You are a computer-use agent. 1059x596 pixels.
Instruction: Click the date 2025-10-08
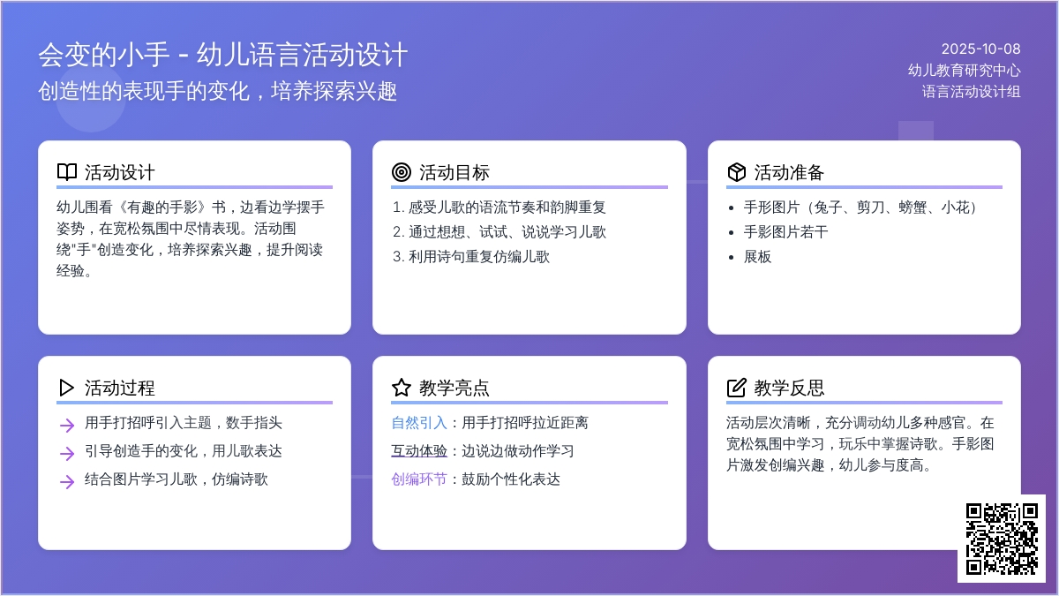980,49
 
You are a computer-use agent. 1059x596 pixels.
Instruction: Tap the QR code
1002,539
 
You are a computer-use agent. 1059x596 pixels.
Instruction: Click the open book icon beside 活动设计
67,172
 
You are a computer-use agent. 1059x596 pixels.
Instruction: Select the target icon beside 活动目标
402,172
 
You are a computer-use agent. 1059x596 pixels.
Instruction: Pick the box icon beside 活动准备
737,172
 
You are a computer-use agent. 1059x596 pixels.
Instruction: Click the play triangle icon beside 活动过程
67,388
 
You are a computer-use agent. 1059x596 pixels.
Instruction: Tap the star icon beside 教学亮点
402,388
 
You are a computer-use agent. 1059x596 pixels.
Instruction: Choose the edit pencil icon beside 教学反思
737,388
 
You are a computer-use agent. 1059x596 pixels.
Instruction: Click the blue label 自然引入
419,422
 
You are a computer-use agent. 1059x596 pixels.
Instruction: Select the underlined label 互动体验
419,451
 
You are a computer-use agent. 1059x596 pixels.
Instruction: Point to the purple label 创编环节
419,479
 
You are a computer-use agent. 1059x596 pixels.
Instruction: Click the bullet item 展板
757,257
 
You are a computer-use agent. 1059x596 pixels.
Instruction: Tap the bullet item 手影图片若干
785,232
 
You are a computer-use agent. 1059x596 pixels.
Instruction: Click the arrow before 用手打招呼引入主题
67,426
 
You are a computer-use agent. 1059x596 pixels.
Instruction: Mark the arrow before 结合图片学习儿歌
67,482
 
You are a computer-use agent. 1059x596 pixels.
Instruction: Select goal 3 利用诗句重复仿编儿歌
471,257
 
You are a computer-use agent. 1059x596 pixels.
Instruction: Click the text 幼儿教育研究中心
964,71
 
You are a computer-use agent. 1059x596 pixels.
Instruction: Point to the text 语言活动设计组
971,91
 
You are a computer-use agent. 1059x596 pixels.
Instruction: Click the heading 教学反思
789,388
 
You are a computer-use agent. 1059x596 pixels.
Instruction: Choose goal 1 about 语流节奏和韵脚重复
499,207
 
